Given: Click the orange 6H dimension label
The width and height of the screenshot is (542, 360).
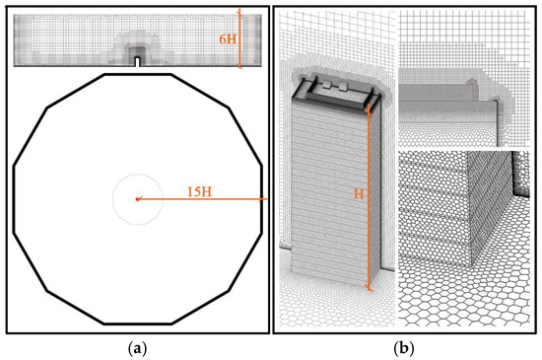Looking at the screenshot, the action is tap(228, 39).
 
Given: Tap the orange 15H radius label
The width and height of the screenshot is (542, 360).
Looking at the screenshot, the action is tap(199, 191).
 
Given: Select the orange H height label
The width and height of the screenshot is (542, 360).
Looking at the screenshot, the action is tap(359, 194).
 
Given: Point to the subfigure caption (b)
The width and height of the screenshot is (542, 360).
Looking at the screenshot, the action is tap(404, 348).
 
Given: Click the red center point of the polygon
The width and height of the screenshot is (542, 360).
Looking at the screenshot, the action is tap(138, 199).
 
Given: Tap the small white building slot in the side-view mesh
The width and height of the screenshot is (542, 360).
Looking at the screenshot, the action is tap(138, 61).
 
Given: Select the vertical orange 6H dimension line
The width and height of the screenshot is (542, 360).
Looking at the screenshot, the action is tap(239, 39).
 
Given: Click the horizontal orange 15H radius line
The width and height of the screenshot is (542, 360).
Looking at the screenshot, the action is tap(201, 199).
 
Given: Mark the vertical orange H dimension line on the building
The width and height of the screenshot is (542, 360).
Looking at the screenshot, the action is tap(369, 197).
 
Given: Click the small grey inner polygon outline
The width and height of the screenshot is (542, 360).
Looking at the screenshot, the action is tap(138, 175).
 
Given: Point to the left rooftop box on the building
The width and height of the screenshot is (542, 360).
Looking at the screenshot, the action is tap(328, 85).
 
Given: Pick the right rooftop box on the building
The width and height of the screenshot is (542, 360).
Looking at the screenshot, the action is tap(344, 86).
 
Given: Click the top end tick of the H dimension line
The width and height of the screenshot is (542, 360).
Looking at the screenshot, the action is tap(369, 109).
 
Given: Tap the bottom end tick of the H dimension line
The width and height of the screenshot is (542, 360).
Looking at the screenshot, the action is tap(369, 287).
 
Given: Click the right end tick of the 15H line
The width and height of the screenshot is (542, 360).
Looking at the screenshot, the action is tap(262, 199).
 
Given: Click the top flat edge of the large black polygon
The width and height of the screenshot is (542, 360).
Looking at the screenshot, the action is tap(138, 74).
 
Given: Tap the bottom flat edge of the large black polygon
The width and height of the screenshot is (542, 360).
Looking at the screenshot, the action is tap(138, 324).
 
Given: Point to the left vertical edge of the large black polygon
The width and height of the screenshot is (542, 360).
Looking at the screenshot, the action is tap(14, 199).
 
